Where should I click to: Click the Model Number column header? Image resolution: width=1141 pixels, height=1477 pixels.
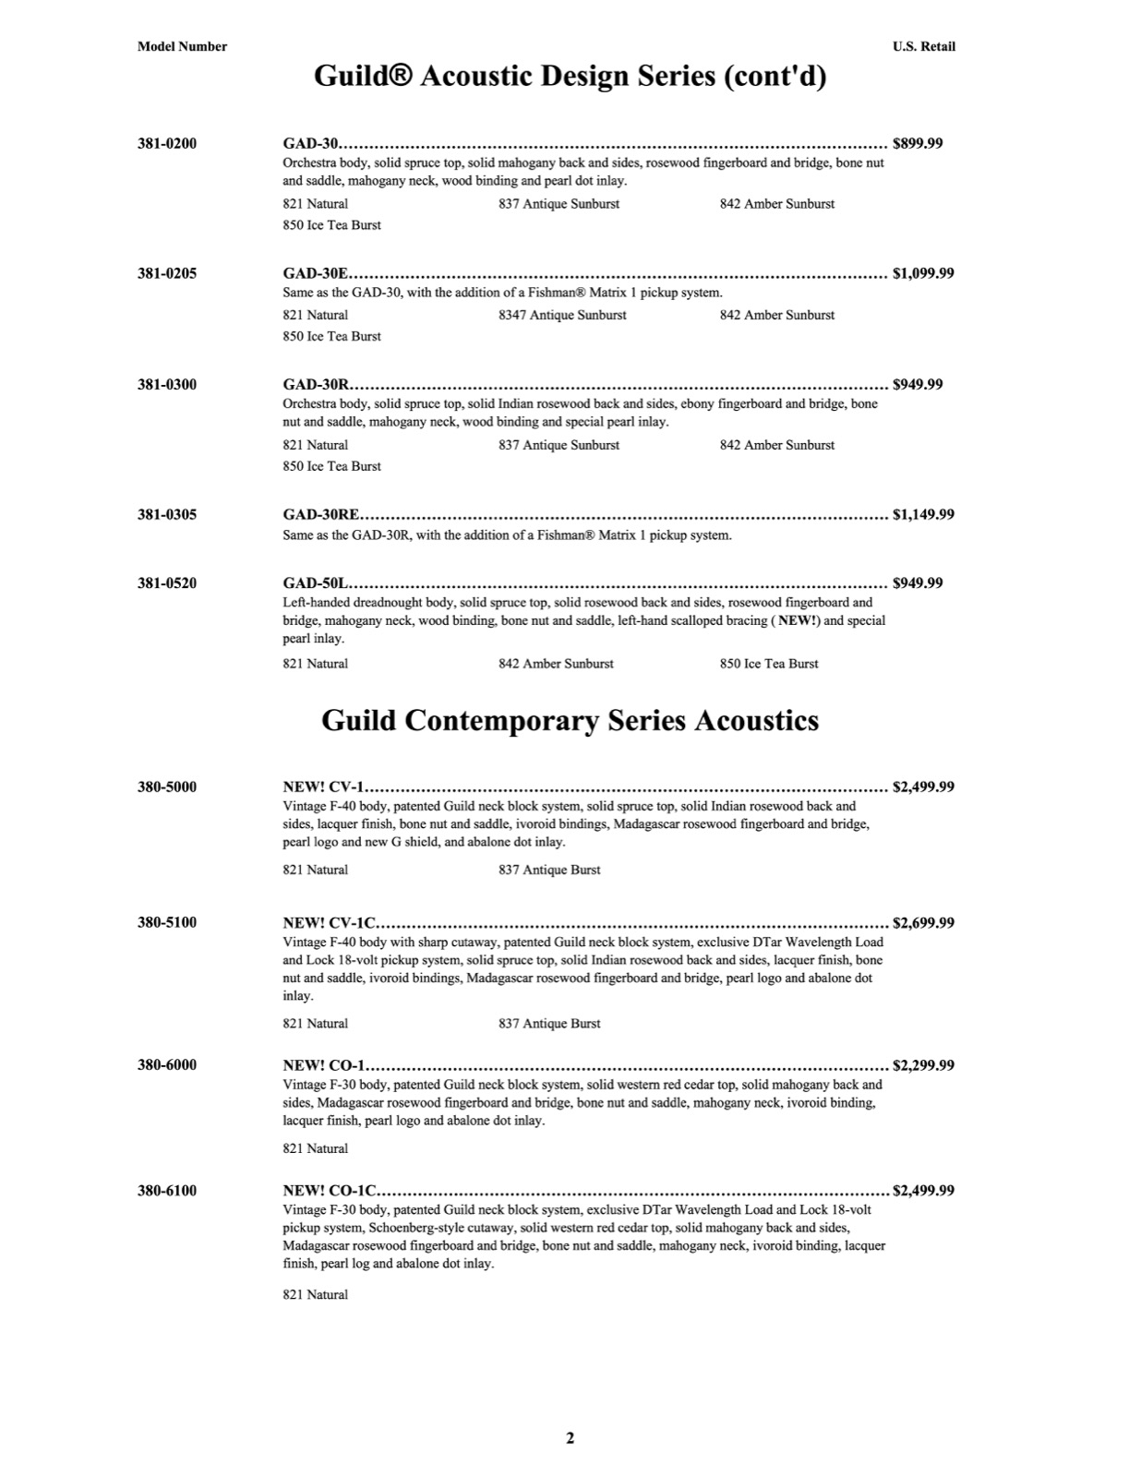(182, 46)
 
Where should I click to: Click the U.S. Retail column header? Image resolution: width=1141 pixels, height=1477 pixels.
(923, 46)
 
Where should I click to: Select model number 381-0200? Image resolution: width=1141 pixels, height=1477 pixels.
(167, 143)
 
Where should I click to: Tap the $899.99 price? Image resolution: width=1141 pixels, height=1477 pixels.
(918, 143)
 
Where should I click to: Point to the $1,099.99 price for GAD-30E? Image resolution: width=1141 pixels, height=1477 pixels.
(923, 273)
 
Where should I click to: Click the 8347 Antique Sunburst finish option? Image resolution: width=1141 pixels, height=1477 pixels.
(562, 315)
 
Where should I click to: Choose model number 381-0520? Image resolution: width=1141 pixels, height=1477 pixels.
(167, 582)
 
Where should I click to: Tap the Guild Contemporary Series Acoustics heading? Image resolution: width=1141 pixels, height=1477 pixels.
(570, 720)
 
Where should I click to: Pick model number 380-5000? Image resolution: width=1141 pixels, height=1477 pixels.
(167, 787)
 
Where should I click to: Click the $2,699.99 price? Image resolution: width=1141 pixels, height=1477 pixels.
(923, 922)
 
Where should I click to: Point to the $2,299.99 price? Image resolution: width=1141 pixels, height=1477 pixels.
(923, 1064)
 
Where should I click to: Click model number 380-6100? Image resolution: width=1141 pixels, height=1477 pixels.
(167, 1190)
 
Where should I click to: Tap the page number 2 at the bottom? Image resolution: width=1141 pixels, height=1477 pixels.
(570, 1437)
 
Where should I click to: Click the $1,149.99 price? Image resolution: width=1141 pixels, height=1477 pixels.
(923, 514)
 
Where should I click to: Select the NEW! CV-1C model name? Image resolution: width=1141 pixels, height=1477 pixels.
(329, 922)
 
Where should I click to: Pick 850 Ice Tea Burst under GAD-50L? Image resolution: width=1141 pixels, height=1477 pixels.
(769, 664)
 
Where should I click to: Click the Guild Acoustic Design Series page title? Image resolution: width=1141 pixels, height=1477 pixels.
(570, 76)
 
